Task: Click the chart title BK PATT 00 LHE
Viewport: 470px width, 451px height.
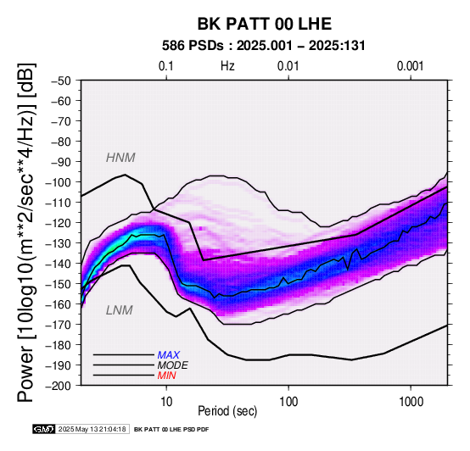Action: [265, 24]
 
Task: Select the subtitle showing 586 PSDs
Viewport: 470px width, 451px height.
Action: [264, 46]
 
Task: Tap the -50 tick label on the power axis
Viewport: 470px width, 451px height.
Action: [60, 81]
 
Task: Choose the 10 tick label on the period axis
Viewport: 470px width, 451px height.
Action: [166, 402]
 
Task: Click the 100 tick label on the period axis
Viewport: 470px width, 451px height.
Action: [288, 402]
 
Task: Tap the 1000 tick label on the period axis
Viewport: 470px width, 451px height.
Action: [411, 402]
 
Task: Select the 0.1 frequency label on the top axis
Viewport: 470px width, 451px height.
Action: [166, 66]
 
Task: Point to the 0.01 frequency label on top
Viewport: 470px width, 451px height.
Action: [288, 66]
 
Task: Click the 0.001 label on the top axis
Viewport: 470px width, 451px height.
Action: [410, 66]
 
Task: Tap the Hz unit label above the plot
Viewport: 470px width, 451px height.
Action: [227, 66]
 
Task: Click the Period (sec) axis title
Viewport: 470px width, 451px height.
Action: [227, 411]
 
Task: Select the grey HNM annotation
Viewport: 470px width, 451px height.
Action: [120, 158]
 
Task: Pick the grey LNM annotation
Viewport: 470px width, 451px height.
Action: [120, 310]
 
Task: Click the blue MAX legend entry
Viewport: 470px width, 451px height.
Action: [169, 355]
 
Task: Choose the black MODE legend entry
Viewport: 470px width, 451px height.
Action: [173, 365]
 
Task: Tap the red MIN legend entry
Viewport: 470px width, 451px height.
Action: [166, 376]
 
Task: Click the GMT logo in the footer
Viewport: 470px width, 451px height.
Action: [44, 429]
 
